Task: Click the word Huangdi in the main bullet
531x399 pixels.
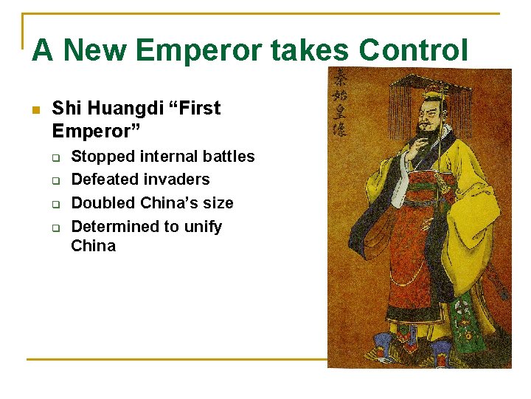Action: pos(122,109)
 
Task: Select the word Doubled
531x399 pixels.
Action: pos(103,203)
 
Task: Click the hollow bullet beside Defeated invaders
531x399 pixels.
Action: pos(55,180)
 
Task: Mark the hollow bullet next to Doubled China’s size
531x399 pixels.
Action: pos(55,204)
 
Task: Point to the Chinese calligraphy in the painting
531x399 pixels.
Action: pos(340,103)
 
